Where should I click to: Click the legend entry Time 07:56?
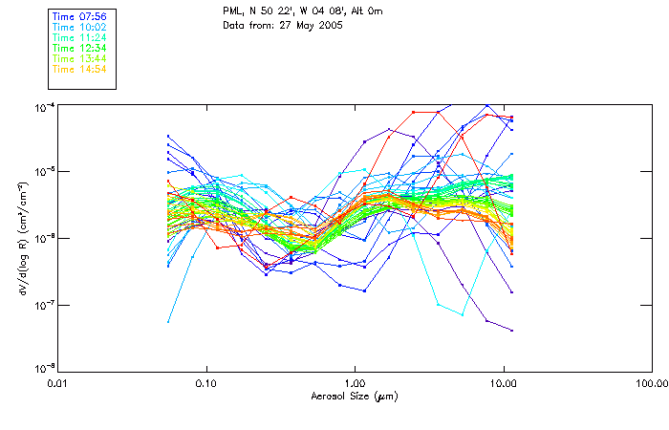point(81,16)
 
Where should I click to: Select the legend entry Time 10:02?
point(81,27)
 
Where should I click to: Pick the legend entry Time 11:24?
point(81,37)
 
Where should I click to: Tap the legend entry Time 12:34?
point(81,48)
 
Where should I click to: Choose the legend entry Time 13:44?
point(81,58)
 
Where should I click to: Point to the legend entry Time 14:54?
point(81,69)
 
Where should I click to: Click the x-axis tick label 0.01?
point(57,384)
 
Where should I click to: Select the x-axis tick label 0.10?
point(205,384)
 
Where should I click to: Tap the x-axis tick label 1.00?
point(355,384)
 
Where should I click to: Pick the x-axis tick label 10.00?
point(503,384)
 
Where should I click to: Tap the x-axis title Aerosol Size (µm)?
point(354,396)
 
